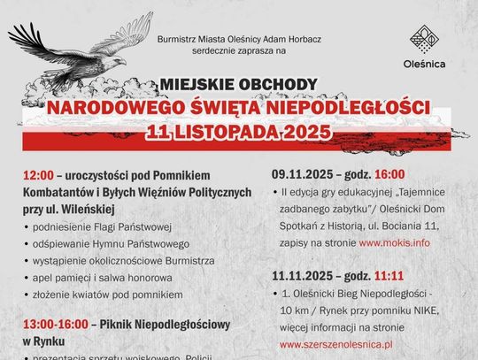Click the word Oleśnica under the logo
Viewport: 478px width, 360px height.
[x=424, y=65]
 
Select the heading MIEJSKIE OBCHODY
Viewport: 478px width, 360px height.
[x=239, y=85]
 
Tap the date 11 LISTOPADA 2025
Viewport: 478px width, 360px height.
[x=239, y=131]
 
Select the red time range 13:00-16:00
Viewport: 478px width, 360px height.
[x=51, y=323]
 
